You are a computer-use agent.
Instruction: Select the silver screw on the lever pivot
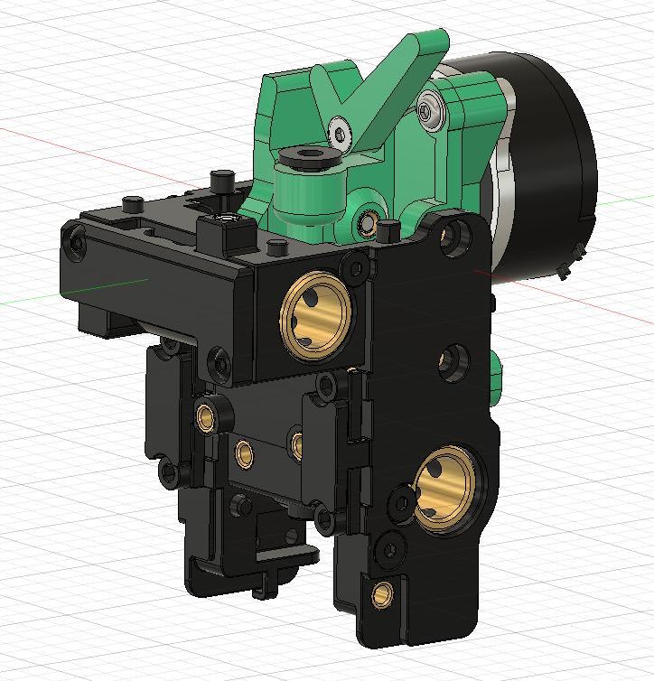tap(339, 133)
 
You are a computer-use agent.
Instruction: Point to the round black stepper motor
tap(542, 163)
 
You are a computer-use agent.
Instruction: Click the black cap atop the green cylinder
tap(309, 159)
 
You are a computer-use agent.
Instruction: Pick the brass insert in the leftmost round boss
tap(207, 416)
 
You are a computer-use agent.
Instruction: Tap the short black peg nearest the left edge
tap(131, 201)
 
